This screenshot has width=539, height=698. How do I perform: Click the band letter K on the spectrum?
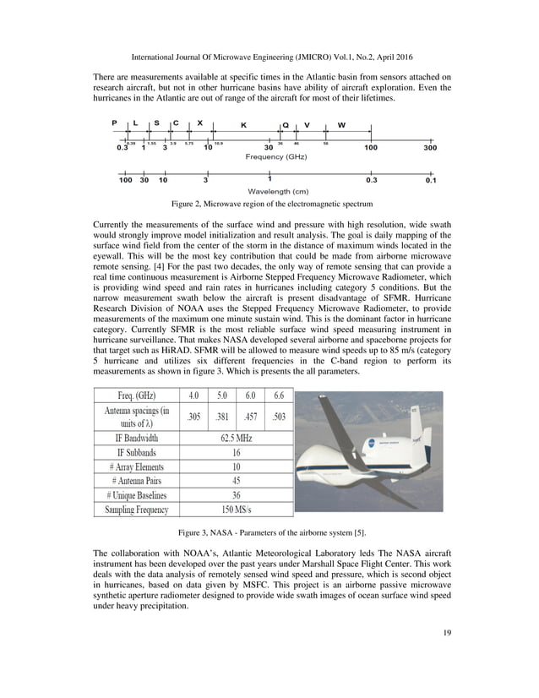click(243, 125)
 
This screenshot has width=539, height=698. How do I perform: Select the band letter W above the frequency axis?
click(341, 125)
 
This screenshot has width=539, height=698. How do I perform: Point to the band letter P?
click(115, 123)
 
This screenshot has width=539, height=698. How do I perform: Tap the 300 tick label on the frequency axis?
click(430, 148)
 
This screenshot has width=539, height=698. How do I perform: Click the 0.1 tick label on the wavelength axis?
click(431, 180)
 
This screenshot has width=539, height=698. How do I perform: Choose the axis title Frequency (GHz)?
click(275, 157)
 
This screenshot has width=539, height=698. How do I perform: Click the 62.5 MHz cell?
click(236, 438)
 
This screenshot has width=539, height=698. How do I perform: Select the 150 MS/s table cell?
click(236, 510)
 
